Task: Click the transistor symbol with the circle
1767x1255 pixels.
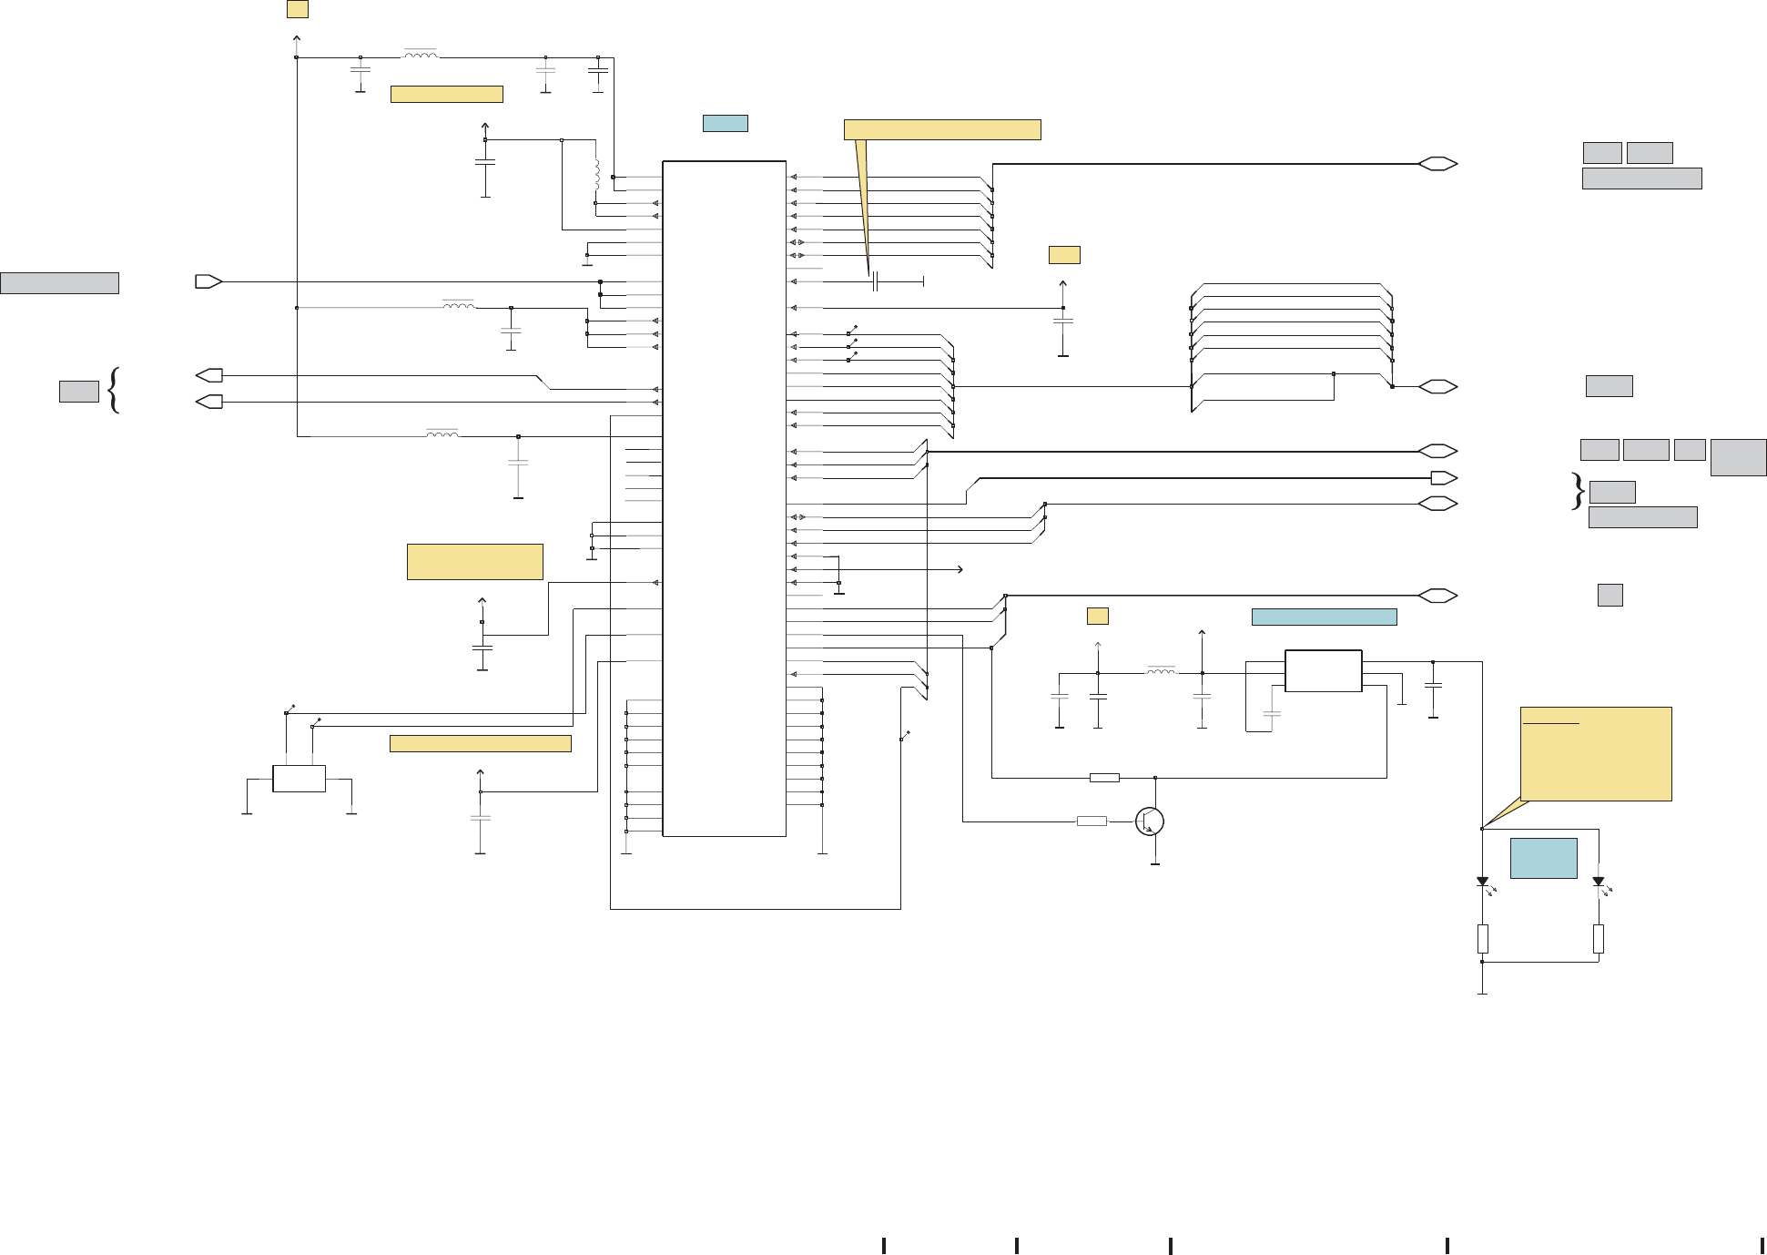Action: (x=1150, y=821)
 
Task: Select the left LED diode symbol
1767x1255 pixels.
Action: (x=1482, y=882)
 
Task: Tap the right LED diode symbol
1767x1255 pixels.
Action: (x=1598, y=882)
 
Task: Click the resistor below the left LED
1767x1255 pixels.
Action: (x=1482, y=938)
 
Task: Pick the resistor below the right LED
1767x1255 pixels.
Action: (x=1598, y=938)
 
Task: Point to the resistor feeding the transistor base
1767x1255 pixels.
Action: (x=1092, y=821)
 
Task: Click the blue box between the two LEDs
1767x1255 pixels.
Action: (x=1543, y=858)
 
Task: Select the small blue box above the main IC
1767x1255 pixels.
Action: (x=725, y=123)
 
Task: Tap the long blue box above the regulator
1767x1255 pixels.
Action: (x=1324, y=617)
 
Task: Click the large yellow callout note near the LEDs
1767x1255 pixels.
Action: (x=1596, y=754)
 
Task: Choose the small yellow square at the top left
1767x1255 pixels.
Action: (x=297, y=9)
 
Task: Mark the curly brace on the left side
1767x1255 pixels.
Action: (x=114, y=390)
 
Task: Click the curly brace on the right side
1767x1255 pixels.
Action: (x=1578, y=491)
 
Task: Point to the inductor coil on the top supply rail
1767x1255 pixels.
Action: (x=420, y=55)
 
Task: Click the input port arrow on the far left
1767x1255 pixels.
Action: (x=208, y=282)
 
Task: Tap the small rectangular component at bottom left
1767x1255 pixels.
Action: (x=299, y=779)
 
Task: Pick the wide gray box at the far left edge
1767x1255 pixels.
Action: (x=59, y=283)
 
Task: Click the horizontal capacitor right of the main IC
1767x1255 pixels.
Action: (x=874, y=282)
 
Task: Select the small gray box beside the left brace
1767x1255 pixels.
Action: (x=78, y=392)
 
